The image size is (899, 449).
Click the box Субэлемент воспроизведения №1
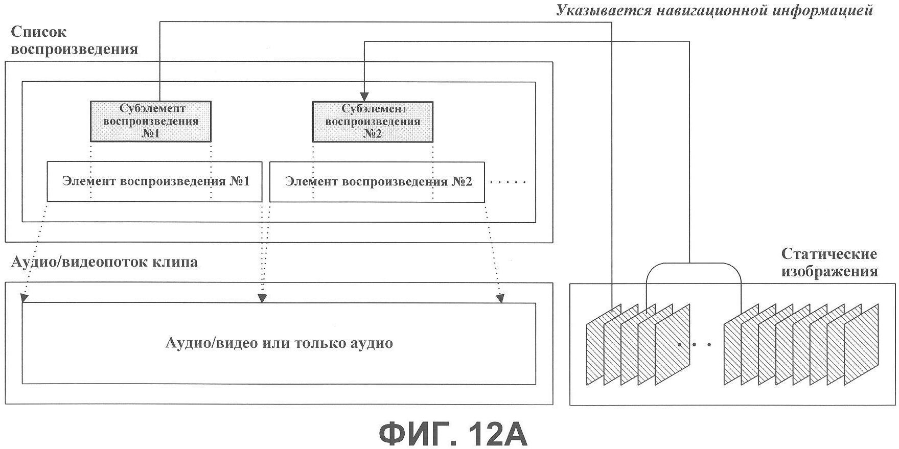tap(151, 122)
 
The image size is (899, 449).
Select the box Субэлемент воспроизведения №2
tap(373, 122)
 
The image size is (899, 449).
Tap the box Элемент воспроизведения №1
tap(154, 182)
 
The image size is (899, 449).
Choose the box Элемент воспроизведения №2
tap(377, 182)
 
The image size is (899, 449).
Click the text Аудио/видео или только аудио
tap(279, 343)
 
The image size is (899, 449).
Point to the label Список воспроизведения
tap(75, 40)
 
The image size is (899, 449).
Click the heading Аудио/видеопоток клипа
tap(104, 263)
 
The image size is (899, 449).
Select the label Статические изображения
tap(829, 262)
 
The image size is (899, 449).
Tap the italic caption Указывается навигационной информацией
tap(714, 11)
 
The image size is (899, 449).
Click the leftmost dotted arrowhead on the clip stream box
tap(23, 298)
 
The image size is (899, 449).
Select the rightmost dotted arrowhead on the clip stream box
tap(501, 298)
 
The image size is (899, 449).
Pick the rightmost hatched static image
tap(862, 344)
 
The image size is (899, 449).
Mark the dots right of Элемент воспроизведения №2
tap(508, 182)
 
